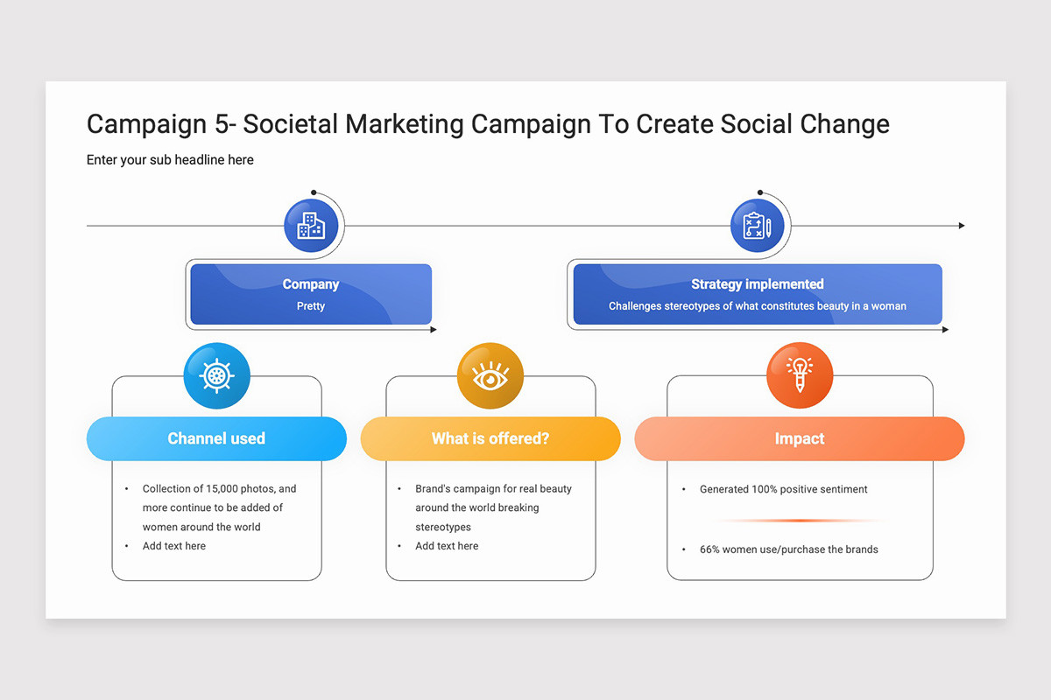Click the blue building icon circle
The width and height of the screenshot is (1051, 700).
[x=311, y=226]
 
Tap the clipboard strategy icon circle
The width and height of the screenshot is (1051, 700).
[x=757, y=226]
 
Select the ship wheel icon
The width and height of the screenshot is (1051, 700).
[x=217, y=375]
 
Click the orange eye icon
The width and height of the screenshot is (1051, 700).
[x=490, y=375]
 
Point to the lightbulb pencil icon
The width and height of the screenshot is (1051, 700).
[x=800, y=375]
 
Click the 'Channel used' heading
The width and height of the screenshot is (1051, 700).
[x=216, y=438]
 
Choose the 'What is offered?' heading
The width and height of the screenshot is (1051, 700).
[x=490, y=438]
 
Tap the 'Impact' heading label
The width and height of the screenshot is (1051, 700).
[x=800, y=438]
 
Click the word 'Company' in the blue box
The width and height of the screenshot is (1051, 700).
[x=311, y=284]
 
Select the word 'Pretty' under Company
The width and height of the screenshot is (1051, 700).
[x=311, y=305]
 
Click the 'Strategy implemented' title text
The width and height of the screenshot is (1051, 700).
[x=758, y=284]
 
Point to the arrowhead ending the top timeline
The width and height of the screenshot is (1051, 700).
[x=962, y=226]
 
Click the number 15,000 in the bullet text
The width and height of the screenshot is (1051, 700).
[x=222, y=488]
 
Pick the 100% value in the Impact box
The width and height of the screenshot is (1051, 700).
[x=765, y=489]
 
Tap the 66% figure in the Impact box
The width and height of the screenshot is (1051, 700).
[x=709, y=549]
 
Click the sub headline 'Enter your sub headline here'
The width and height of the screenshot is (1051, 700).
[x=170, y=160]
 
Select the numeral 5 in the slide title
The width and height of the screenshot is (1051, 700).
[x=222, y=123]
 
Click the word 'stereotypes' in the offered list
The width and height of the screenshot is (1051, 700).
[x=443, y=527]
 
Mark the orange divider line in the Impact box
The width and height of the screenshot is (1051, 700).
[x=800, y=521]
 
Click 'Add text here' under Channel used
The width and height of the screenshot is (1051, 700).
[x=174, y=546]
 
